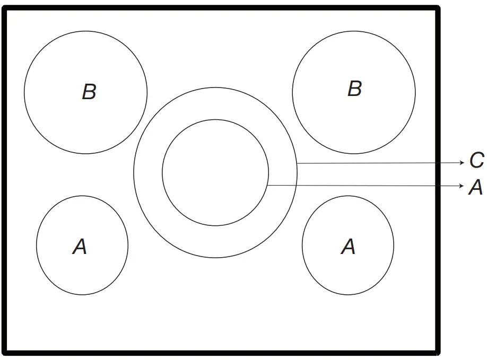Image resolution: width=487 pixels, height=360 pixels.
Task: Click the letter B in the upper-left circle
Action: click(89, 92)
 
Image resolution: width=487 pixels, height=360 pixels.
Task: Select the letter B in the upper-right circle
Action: click(354, 88)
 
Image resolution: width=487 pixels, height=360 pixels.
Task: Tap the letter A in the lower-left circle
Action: click(80, 246)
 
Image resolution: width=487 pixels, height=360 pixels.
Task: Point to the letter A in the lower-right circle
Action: click(348, 246)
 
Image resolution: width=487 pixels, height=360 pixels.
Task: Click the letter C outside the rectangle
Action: click(476, 161)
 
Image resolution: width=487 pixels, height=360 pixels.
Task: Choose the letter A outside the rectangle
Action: click(476, 187)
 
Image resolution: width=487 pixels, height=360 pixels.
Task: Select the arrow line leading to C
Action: click(371, 163)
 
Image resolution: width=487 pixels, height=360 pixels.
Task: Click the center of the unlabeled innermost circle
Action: click(215, 172)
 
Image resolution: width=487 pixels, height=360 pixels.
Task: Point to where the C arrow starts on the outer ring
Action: click(297, 163)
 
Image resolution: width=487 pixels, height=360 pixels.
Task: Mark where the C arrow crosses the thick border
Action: click(438, 163)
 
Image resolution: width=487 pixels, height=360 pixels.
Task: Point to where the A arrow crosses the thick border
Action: click(438, 186)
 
